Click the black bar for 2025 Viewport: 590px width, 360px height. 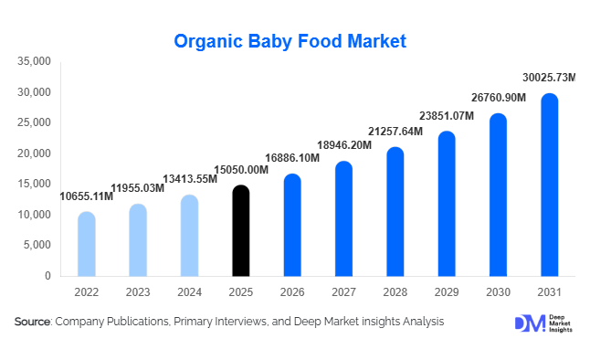(x=240, y=231)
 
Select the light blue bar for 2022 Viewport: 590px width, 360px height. (x=86, y=244)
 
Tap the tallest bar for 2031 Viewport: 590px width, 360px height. (x=549, y=185)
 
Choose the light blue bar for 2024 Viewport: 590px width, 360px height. (x=189, y=236)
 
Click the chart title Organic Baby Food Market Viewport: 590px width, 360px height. (x=290, y=41)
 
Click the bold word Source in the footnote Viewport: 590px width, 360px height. (x=32, y=323)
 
